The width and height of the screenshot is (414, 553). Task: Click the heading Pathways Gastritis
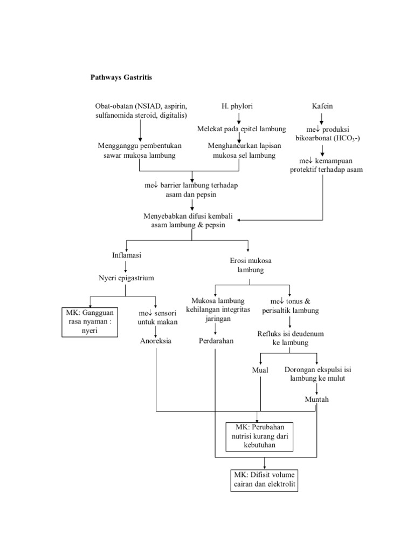click(121, 77)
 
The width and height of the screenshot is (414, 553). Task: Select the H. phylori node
click(237, 106)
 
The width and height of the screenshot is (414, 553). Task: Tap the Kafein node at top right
click(322, 106)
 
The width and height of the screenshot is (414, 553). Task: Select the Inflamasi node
click(126, 254)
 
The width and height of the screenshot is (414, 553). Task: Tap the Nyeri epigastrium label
click(126, 278)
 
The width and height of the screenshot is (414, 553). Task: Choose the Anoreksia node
click(156, 341)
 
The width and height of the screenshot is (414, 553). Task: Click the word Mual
click(260, 370)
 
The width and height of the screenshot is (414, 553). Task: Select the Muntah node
click(316, 399)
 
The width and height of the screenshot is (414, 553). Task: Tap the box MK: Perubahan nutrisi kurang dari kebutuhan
click(259, 436)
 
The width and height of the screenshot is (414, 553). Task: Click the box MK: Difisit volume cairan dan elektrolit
click(265, 480)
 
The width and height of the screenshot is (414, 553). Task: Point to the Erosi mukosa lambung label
click(248, 265)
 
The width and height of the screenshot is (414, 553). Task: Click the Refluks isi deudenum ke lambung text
click(291, 338)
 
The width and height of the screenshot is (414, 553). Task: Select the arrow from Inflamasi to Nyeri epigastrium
click(126, 266)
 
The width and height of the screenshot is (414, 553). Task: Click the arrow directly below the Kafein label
click(322, 118)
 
